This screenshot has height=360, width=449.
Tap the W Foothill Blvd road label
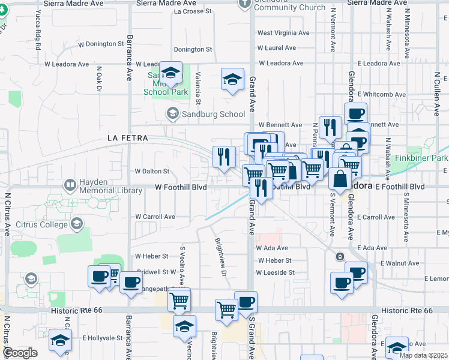pyautogui.click(x=181, y=187)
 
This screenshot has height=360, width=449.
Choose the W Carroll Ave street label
pyautogui.click(x=155, y=217)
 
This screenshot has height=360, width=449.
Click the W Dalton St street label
pyautogui.click(x=151, y=171)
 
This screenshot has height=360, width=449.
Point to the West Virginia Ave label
pyautogui.click(x=283, y=33)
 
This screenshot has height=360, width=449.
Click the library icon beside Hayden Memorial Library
pyautogui.click(x=70, y=184)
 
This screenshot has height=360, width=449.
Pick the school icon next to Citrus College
pyautogui.click(x=76, y=224)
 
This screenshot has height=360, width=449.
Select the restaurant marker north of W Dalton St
pyautogui.click(x=224, y=157)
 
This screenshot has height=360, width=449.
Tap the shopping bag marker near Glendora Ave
pyautogui.click(x=340, y=179)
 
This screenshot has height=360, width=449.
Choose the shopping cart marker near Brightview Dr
pyautogui.click(x=226, y=310)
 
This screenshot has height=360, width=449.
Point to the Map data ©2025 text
pyautogui.click(x=423, y=355)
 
